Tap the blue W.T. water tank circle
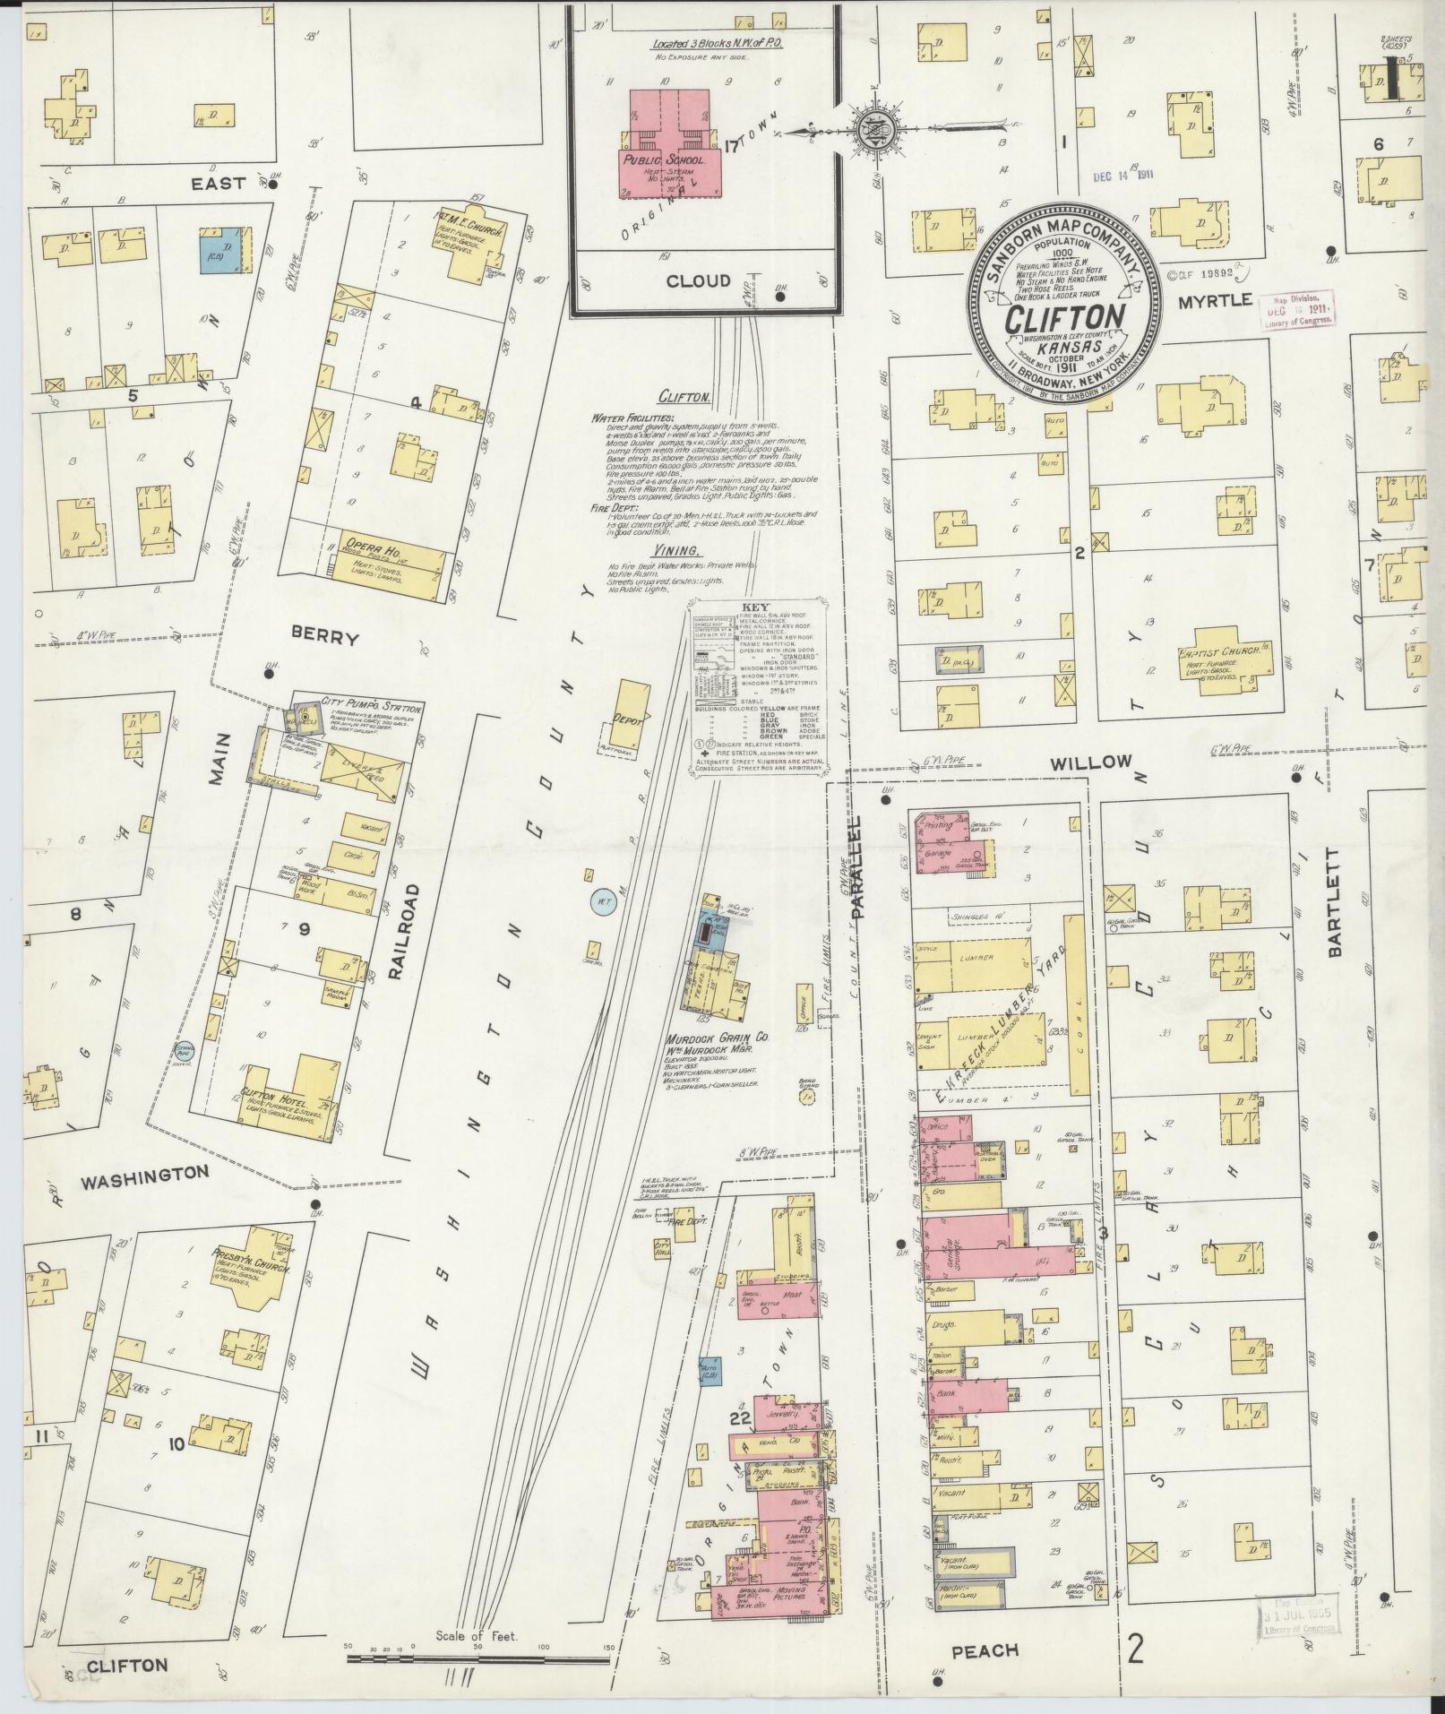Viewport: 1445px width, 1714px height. click(x=599, y=900)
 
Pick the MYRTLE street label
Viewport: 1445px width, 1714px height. click(x=1214, y=302)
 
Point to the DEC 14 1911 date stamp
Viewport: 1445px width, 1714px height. click(x=1122, y=177)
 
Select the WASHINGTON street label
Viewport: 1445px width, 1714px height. click(x=144, y=1174)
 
